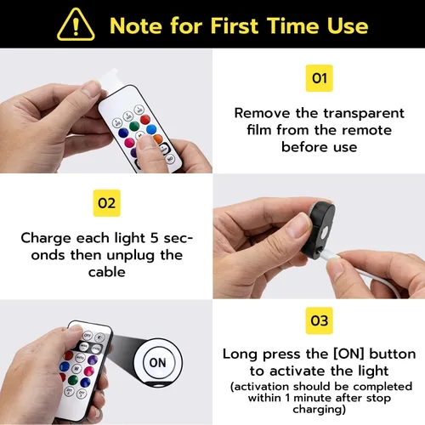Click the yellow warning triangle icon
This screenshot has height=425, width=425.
[x=76, y=25]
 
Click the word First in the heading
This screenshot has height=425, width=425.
[x=235, y=25]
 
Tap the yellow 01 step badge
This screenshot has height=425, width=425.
[x=320, y=78]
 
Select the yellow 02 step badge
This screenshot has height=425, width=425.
[x=107, y=203]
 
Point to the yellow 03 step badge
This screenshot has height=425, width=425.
[x=320, y=320]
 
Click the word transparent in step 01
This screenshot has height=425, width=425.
[x=364, y=114]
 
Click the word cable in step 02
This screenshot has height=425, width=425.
[x=107, y=272]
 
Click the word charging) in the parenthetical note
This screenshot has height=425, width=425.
[x=320, y=410]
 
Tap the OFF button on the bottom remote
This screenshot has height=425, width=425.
[x=88, y=335]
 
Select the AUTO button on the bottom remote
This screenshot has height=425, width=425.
[x=81, y=358]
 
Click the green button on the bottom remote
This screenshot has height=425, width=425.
[x=73, y=380]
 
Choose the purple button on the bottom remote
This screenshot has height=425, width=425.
[x=93, y=360]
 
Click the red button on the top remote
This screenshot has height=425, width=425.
[x=145, y=120]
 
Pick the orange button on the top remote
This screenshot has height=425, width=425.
[x=157, y=139]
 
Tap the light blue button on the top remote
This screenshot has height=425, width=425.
[x=151, y=129]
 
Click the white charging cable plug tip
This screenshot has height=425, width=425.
[x=322, y=251]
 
